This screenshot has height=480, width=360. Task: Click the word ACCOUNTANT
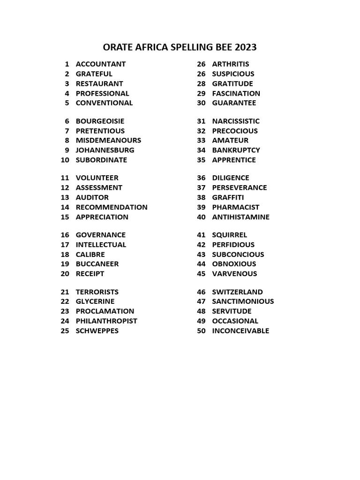(101, 64)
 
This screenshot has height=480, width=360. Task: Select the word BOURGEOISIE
(100, 121)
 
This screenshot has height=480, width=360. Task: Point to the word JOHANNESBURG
(105, 150)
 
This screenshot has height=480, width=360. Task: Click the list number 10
(65, 160)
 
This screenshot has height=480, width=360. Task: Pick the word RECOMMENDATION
(112, 207)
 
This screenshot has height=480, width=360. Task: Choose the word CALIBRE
(90, 255)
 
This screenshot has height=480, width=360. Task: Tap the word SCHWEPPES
(97, 331)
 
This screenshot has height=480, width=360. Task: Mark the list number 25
(65, 331)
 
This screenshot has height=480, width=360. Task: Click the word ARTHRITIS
(231, 64)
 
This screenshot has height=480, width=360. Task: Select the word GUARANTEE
(234, 103)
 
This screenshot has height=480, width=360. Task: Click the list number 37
(202, 187)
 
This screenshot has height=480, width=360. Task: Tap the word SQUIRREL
(230, 235)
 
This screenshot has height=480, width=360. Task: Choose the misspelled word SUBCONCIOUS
(238, 255)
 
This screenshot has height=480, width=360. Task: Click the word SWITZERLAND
(237, 292)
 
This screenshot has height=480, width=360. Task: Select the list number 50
(202, 331)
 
